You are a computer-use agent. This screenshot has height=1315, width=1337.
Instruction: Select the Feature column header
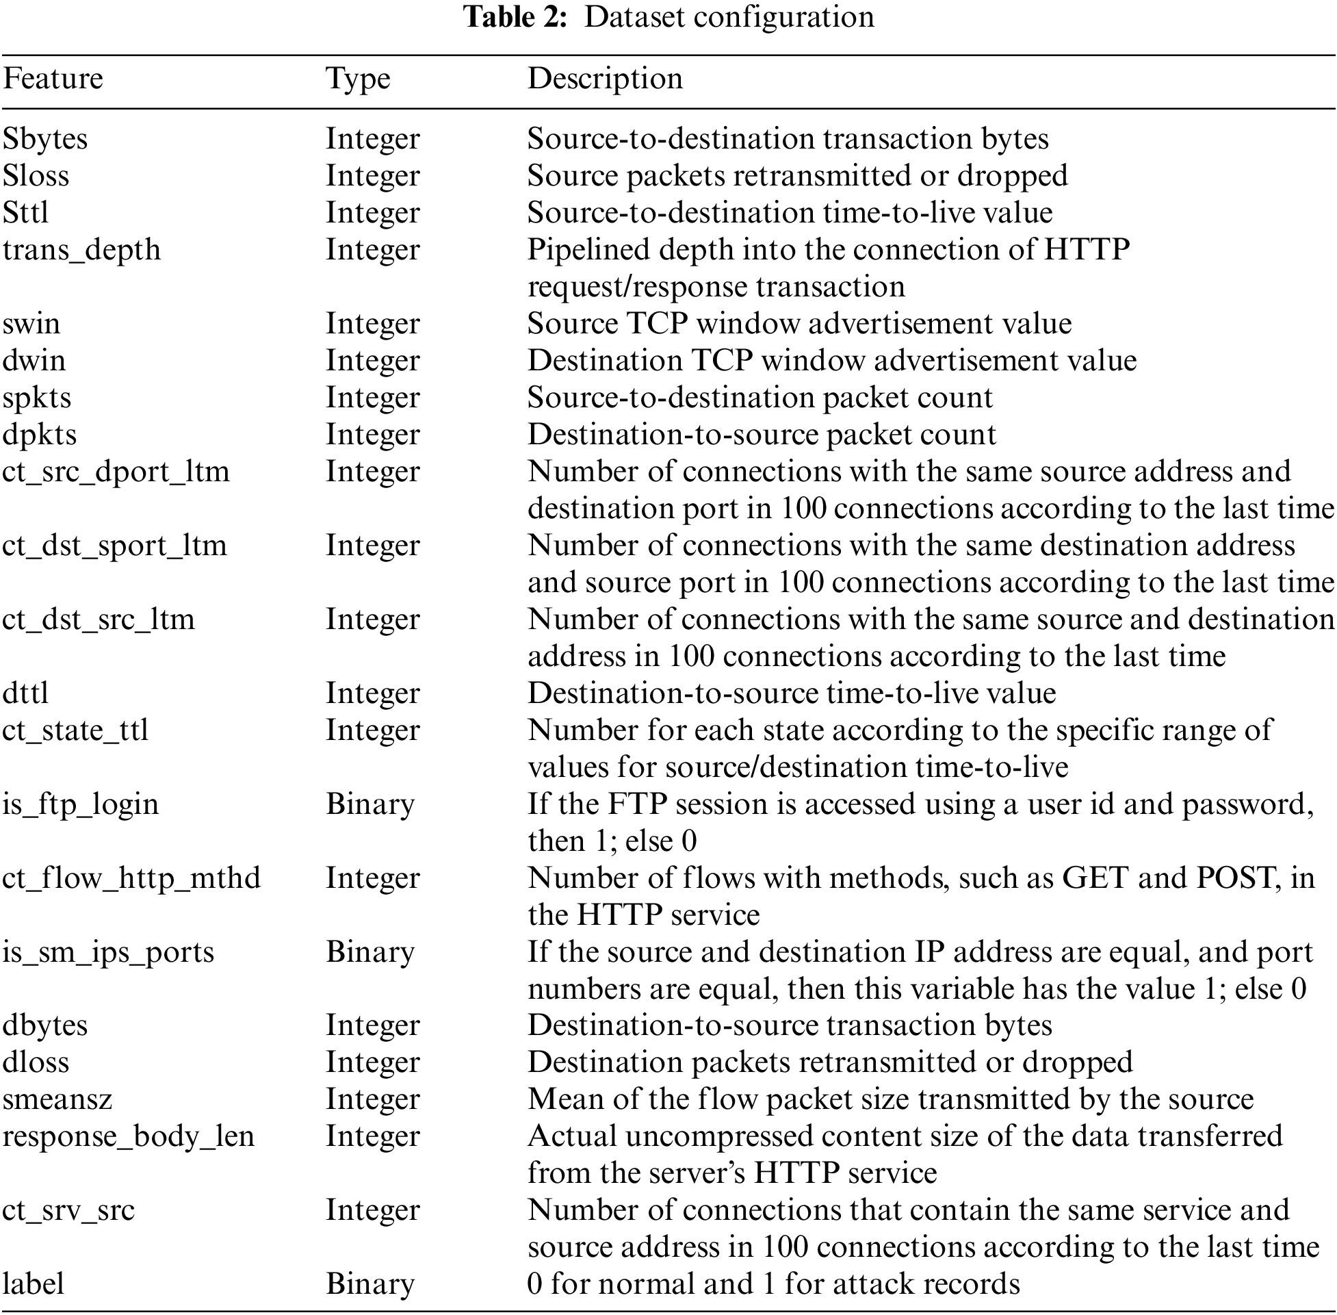click(x=53, y=79)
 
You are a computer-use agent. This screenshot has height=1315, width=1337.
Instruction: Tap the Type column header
click(x=358, y=79)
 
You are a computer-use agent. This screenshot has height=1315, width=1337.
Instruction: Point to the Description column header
click(x=605, y=79)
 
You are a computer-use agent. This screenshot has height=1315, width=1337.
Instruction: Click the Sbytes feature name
click(x=46, y=139)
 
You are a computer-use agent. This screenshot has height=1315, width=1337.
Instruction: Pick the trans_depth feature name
click(x=81, y=249)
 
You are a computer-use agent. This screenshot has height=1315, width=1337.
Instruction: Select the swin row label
click(x=31, y=323)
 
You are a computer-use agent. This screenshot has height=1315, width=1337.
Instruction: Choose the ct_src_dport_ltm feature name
click(x=116, y=472)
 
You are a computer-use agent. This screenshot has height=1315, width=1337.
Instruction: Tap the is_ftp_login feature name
click(x=81, y=804)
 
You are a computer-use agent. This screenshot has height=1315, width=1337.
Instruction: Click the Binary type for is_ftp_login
click(x=370, y=804)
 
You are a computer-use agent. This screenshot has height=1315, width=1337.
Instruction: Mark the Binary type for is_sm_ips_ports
click(x=370, y=952)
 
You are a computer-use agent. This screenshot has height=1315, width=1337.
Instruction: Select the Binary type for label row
click(x=370, y=1284)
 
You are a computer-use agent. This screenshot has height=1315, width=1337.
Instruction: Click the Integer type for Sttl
click(x=373, y=213)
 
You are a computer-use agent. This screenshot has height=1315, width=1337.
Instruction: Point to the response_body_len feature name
click(x=129, y=1136)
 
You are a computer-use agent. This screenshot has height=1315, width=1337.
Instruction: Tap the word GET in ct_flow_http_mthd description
click(x=1095, y=878)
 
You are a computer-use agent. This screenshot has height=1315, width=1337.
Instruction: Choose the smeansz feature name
click(x=57, y=1099)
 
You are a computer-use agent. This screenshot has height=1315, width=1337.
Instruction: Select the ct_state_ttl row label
click(x=75, y=730)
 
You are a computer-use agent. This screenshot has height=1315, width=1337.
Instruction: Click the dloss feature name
click(x=36, y=1062)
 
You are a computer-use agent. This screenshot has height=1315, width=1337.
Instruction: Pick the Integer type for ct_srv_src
click(x=373, y=1210)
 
